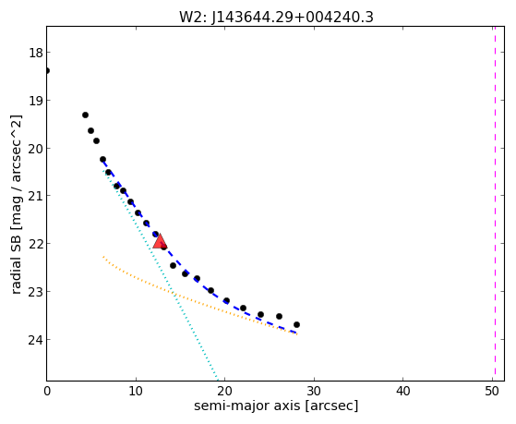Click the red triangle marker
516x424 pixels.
pyautogui.click(x=160, y=241)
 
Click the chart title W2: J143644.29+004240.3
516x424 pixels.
pyautogui.click(x=276, y=18)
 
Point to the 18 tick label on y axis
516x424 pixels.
pyautogui.click(x=36, y=53)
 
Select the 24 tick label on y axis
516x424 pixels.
pyautogui.click(x=36, y=340)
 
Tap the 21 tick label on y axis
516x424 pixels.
pyautogui.click(x=36, y=196)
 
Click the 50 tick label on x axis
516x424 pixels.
pyautogui.click(x=492, y=391)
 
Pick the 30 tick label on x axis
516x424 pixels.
pyautogui.click(x=314, y=391)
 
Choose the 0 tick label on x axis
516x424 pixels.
pyautogui.click(x=47, y=391)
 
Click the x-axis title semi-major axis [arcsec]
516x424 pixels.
pyautogui.click(x=276, y=406)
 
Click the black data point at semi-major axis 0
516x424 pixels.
pyautogui.click(x=47, y=70)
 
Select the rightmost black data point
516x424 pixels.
pyautogui.click(x=296, y=324)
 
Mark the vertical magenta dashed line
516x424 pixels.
pyautogui.click(x=495, y=203)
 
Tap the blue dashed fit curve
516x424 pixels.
pyautogui.click(x=185, y=269)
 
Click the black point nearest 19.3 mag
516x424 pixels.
pyautogui.click(x=85, y=115)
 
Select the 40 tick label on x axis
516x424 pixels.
pyautogui.click(x=402, y=391)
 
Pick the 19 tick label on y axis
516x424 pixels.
pyautogui.click(x=36, y=100)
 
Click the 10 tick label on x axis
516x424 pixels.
pyautogui.click(x=136, y=391)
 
